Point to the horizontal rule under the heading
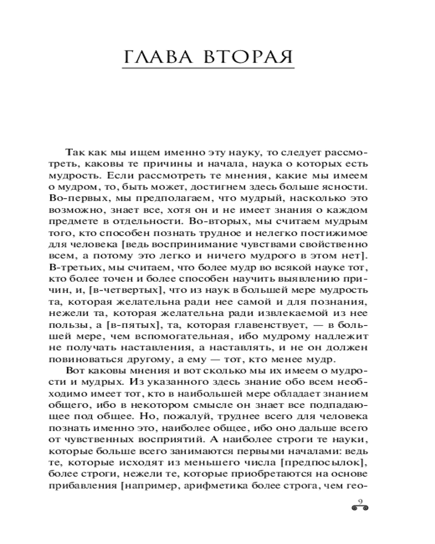[209, 69]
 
